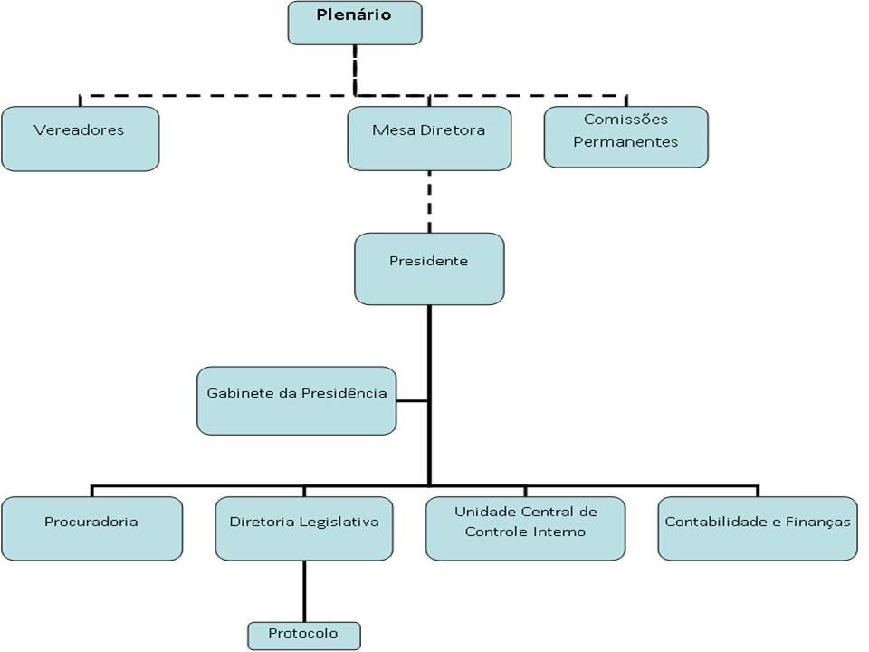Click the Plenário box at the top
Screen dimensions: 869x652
click(x=355, y=23)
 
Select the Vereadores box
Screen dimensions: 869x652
click(x=81, y=139)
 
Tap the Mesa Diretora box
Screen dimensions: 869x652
click(x=429, y=138)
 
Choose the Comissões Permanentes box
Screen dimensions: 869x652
click(x=626, y=137)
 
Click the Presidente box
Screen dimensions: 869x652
click(x=429, y=269)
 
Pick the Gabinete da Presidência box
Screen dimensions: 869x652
click(x=297, y=400)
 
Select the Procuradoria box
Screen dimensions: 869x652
click(x=92, y=528)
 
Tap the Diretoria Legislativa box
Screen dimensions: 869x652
click(x=304, y=528)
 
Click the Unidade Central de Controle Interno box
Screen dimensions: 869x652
click(x=525, y=528)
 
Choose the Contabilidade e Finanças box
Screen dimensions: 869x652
click(x=758, y=528)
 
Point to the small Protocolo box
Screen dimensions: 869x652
click(x=304, y=636)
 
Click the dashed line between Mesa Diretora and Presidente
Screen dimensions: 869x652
click(x=429, y=202)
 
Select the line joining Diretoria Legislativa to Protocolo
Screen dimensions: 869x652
click(x=304, y=591)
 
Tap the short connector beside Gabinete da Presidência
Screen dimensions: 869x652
click(x=413, y=400)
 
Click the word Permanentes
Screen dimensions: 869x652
click(x=625, y=142)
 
